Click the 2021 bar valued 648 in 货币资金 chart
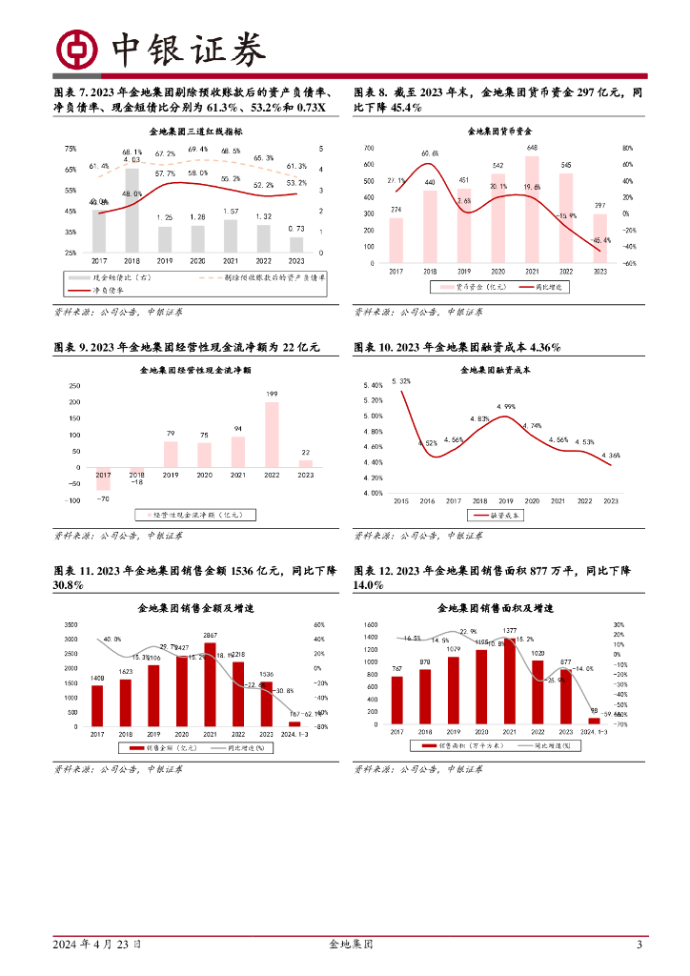532,210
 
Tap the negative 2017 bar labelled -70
103,478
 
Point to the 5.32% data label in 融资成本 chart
401,381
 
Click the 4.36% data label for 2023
611,456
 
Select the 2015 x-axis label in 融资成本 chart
400,500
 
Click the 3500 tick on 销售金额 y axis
71,625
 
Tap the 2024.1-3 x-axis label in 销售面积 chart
594,732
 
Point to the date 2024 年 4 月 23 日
98,945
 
